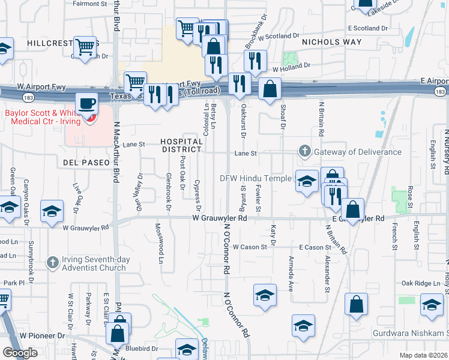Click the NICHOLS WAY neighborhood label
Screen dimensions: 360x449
coord(332,42)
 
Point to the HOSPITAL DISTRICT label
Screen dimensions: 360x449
coord(182,145)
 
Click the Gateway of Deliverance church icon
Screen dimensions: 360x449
coord(305,151)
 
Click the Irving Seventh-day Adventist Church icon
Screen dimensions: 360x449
coord(53,262)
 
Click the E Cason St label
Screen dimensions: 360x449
coord(315,247)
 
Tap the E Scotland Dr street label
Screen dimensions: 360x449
coord(372,28)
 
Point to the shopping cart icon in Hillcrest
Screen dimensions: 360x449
coord(86,46)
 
